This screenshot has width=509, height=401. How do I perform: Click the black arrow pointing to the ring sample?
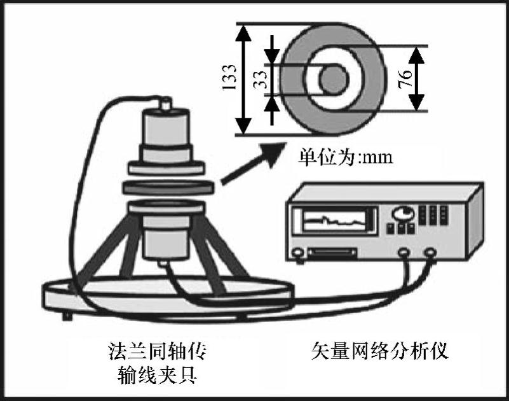coord(251,166)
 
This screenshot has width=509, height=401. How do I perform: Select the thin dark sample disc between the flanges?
coord(166,188)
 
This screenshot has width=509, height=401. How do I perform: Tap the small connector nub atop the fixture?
coord(166,103)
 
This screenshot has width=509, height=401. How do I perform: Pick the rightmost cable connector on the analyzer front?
coord(431,253)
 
